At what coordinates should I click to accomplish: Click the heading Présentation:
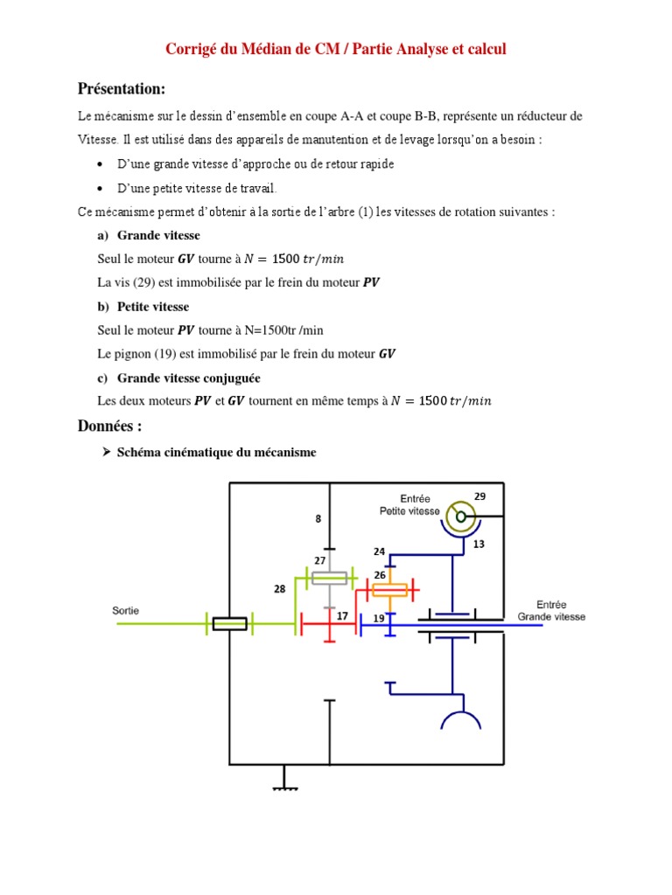pyautogui.click(x=121, y=89)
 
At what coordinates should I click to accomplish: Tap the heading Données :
pyautogui.click(x=109, y=426)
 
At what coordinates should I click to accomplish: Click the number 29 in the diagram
pyautogui.click(x=479, y=496)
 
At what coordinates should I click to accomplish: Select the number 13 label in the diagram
pyautogui.click(x=479, y=544)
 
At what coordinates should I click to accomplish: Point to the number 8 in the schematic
pyautogui.click(x=318, y=518)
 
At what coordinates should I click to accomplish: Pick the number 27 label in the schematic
pyautogui.click(x=320, y=559)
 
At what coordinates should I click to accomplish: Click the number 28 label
pyautogui.click(x=279, y=589)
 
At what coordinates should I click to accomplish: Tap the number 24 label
pyautogui.click(x=379, y=552)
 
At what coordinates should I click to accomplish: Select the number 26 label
pyautogui.click(x=380, y=574)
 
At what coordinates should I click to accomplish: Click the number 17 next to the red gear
pyautogui.click(x=343, y=616)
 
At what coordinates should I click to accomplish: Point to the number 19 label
pyautogui.click(x=379, y=618)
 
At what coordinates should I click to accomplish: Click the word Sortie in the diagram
pyautogui.click(x=126, y=610)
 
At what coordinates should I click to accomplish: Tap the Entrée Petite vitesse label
pyautogui.click(x=409, y=505)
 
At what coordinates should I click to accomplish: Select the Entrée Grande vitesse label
pyautogui.click(x=551, y=610)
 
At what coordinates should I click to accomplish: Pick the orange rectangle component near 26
pyautogui.click(x=388, y=590)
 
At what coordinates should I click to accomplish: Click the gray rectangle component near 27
pyautogui.click(x=329, y=577)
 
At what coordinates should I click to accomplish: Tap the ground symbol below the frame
pyautogui.click(x=284, y=786)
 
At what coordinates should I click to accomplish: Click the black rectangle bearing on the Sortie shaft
pyautogui.click(x=229, y=622)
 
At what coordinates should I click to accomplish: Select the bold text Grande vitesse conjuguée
pyautogui.click(x=188, y=378)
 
